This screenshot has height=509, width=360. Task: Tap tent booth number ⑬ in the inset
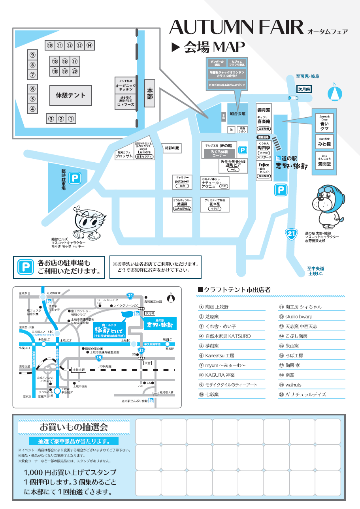(x=79, y=45)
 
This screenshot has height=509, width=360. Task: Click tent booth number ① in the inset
(x=71, y=118)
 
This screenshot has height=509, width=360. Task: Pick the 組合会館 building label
(x=237, y=113)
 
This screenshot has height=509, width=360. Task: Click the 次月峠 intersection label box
(x=305, y=89)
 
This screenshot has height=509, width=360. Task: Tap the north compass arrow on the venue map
(x=335, y=92)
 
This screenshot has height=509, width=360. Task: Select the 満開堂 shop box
(x=324, y=161)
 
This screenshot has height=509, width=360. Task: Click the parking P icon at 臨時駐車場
(x=75, y=178)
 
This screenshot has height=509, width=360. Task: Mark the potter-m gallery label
(x=182, y=181)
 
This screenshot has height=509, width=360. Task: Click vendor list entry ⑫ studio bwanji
(x=299, y=316)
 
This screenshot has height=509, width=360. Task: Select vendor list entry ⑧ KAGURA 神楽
(x=220, y=375)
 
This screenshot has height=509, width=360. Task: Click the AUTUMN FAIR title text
(x=236, y=27)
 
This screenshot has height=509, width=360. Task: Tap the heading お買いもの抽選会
(x=74, y=426)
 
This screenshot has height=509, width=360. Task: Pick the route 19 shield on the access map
(x=99, y=358)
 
